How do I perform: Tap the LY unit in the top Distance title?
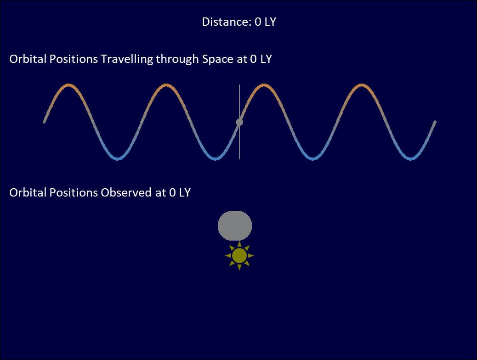[270, 22]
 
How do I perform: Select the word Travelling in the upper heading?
[127, 59]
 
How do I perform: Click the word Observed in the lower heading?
[126, 193]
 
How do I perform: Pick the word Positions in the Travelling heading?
[74, 59]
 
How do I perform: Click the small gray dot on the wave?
[239, 122]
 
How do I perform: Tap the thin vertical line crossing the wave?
[239, 122]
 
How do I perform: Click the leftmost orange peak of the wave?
[69, 85]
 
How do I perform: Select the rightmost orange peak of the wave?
[361, 85]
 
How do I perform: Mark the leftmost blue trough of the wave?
[118, 158]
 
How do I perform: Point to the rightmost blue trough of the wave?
[410, 158]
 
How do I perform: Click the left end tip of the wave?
[44, 122]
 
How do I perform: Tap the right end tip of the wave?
[435, 122]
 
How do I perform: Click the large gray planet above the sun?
[235, 225]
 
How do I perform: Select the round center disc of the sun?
[239, 256]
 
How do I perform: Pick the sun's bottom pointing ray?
[239, 267]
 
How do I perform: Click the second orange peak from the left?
[166, 85]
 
